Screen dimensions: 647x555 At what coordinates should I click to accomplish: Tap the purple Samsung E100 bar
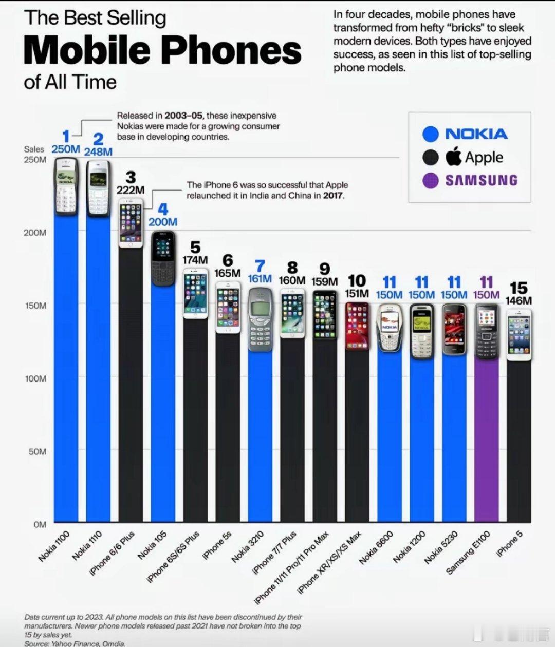click(x=486, y=442)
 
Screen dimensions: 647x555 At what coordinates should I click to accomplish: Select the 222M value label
click(x=131, y=190)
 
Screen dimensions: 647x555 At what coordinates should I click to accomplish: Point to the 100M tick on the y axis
click(x=36, y=378)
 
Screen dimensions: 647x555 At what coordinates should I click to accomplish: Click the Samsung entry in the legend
click(x=480, y=180)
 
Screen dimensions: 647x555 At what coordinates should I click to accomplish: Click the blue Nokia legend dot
click(x=430, y=134)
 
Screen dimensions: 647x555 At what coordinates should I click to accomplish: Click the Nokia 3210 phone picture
click(x=260, y=319)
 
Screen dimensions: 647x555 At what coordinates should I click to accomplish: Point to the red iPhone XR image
click(x=357, y=326)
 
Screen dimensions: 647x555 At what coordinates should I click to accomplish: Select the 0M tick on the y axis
click(x=40, y=525)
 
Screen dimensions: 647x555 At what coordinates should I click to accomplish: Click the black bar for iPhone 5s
click(x=228, y=431)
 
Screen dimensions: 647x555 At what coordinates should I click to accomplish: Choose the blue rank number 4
click(x=163, y=210)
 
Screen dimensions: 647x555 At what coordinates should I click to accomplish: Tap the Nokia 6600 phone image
click(x=389, y=328)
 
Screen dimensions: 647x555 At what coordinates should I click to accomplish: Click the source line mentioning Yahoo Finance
click(x=75, y=643)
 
